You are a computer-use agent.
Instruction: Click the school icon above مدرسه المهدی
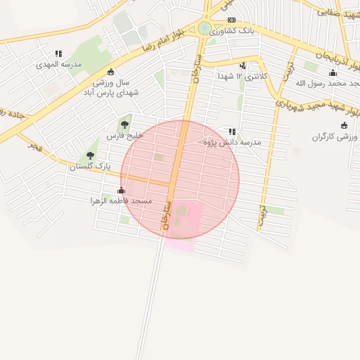pos(58,53)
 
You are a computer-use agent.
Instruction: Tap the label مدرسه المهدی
pos(60,64)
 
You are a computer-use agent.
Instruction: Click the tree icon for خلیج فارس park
pos(127,124)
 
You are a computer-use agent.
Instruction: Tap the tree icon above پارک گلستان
pos(90,155)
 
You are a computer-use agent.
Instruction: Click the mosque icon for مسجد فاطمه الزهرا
pos(121,190)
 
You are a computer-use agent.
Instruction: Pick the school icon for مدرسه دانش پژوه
pos(232,131)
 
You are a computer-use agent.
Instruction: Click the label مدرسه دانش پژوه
pos(232,142)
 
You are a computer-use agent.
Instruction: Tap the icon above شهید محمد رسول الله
pos(333,73)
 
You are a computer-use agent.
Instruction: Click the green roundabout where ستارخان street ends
pos(204,28)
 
